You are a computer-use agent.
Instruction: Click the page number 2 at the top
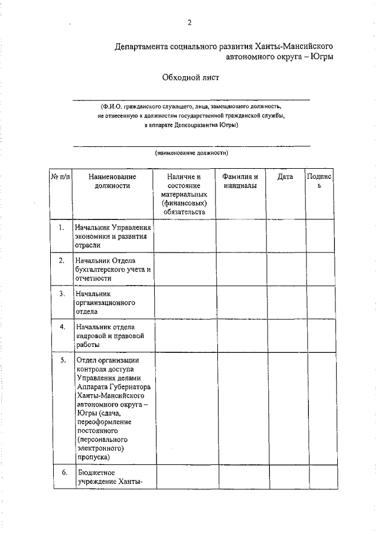(x=190, y=23)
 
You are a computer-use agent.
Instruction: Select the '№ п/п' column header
(x=60, y=177)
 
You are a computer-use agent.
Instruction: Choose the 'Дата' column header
(x=285, y=177)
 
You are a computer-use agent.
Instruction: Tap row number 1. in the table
(x=62, y=227)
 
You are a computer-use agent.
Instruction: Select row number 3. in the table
(x=62, y=293)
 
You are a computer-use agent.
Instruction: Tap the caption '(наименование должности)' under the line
(x=191, y=152)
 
